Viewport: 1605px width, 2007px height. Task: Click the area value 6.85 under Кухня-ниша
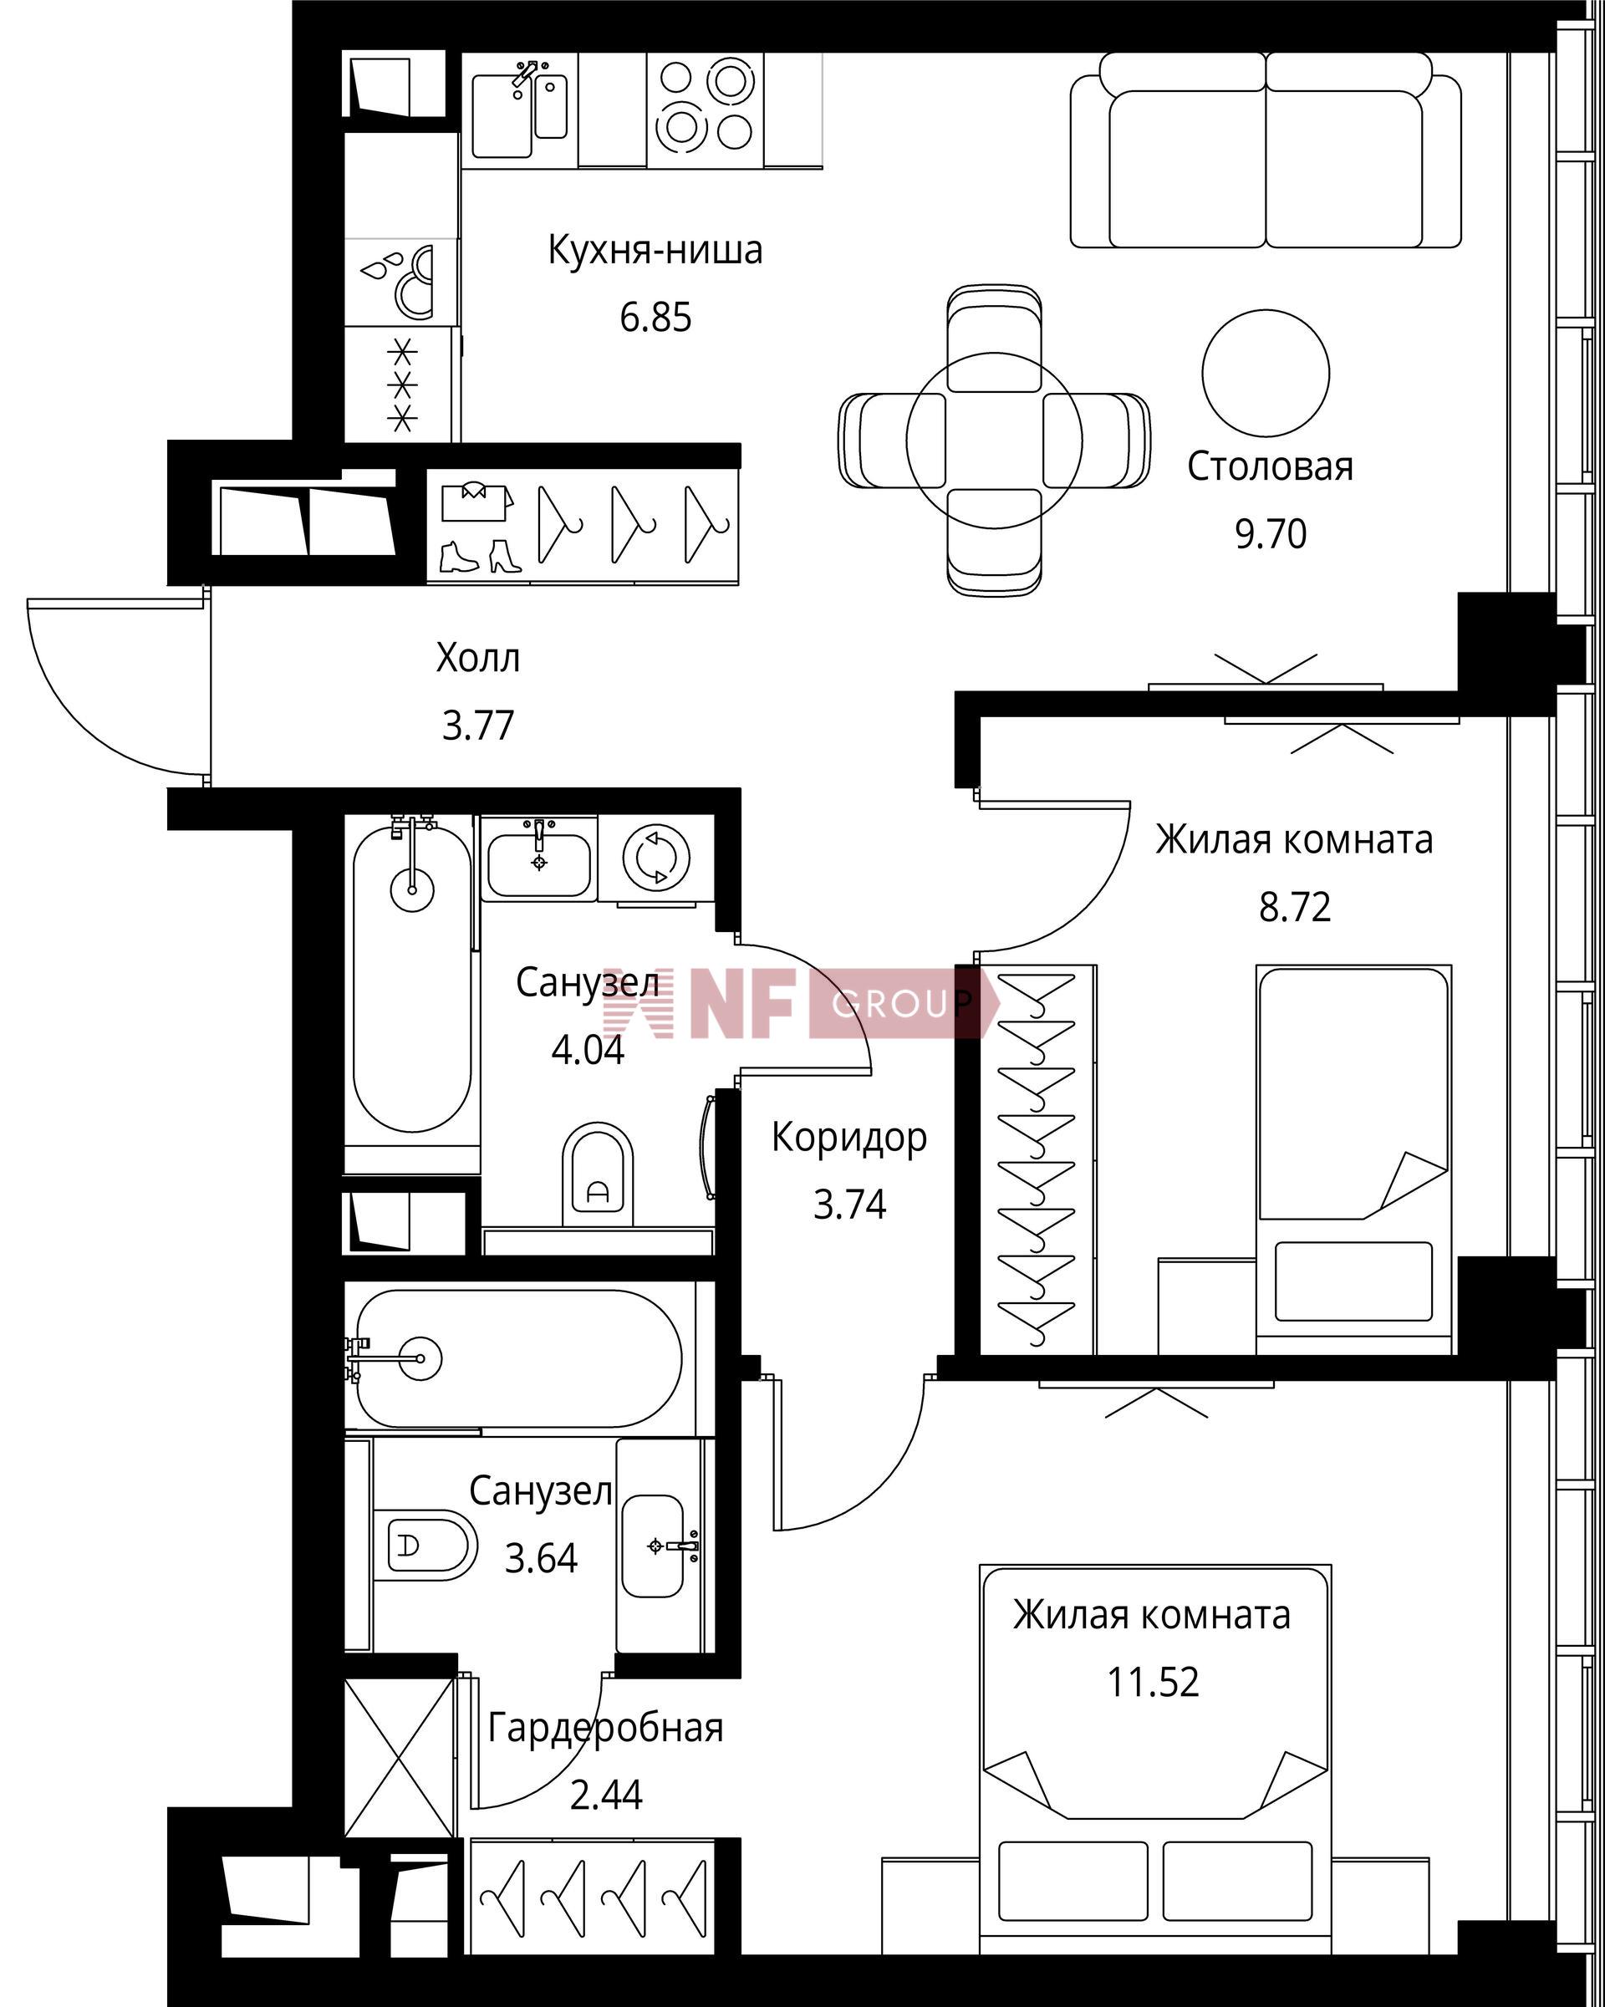point(655,318)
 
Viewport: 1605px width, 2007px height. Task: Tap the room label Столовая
point(1270,466)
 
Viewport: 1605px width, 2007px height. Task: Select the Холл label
point(477,658)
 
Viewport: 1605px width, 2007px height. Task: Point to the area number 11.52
point(1153,1682)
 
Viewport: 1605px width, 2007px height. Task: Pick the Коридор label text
point(849,1138)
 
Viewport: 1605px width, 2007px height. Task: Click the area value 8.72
point(1295,907)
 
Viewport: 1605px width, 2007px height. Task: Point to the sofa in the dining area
point(1266,150)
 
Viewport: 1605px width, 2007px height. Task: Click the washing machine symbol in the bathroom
point(656,855)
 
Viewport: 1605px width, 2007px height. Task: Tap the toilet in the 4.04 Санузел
point(598,1174)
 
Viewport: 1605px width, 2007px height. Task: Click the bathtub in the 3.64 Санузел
point(519,1358)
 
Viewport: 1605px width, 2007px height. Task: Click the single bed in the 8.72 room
point(1353,1159)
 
